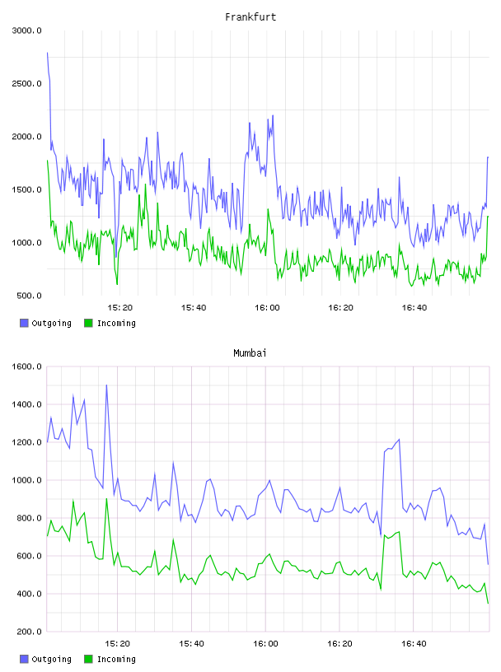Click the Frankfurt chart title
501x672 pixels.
click(x=250, y=17)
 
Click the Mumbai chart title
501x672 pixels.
click(x=250, y=353)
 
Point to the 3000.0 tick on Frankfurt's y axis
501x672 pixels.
click(x=26, y=30)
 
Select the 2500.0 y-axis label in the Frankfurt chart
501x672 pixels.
click(x=26, y=83)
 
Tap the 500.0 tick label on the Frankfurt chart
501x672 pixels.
click(x=29, y=296)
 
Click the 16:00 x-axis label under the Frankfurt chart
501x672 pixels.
click(x=267, y=308)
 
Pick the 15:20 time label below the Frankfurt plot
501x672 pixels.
click(x=119, y=308)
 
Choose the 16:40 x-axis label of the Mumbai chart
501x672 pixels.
click(x=414, y=644)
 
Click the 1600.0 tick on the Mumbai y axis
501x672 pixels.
click(x=26, y=366)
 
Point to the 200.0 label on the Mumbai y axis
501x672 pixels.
click(x=29, y=632)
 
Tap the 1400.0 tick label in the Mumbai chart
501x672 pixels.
click(x=26, y=404)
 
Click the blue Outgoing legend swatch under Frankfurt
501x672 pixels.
click(x=24, y=323)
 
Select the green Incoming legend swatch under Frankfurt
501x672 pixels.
click(x=88, y=323)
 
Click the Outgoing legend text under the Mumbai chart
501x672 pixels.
click(x=51, y=659)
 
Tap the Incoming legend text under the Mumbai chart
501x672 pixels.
click(x=116, y=659)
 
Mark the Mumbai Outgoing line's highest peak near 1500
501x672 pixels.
click(x=106, y=385)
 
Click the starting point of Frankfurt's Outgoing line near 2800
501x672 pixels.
click(x=47, y=53)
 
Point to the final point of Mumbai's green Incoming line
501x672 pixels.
click(x=488, y=604)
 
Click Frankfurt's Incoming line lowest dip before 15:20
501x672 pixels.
click(x=117, y=284)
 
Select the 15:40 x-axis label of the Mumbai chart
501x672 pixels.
click(x=191, y=644)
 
